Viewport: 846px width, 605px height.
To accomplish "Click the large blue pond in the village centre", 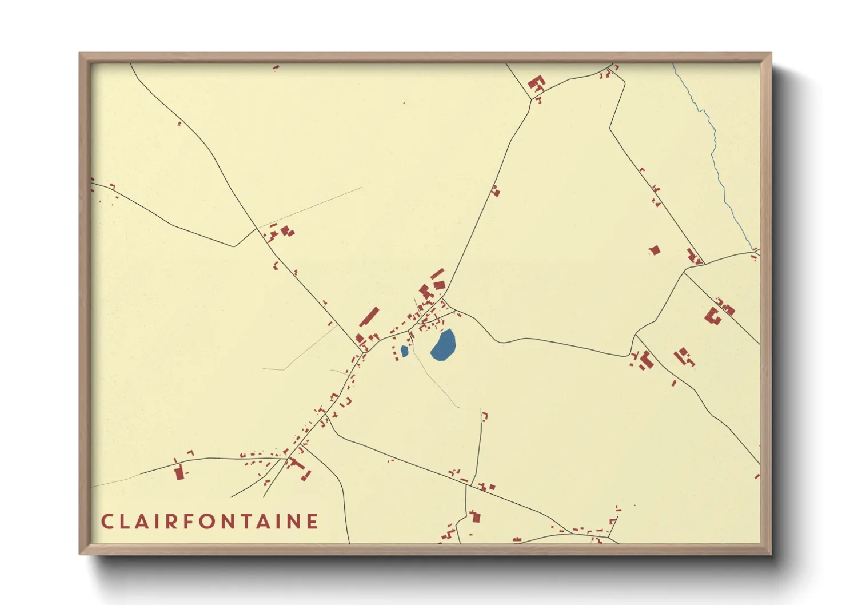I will [x=444, y=345].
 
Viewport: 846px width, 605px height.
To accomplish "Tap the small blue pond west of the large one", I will [x=405, y=351].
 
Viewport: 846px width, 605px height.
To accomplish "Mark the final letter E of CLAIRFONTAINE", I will [x=313, y=522].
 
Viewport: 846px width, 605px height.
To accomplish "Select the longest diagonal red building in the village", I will [x=369, y=316].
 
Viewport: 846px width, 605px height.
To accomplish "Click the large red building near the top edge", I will [x=536, y=84].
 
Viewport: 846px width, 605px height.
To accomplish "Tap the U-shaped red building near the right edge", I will [x=712, y=316].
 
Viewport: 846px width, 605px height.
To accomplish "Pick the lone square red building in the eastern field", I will [x=655, y=250].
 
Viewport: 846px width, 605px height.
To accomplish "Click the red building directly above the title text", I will [x=179, y=473].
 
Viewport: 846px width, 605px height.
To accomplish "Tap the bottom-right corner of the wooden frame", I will [x=770, y=553].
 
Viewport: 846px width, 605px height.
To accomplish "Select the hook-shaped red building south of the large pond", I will [x=485, y=416].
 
